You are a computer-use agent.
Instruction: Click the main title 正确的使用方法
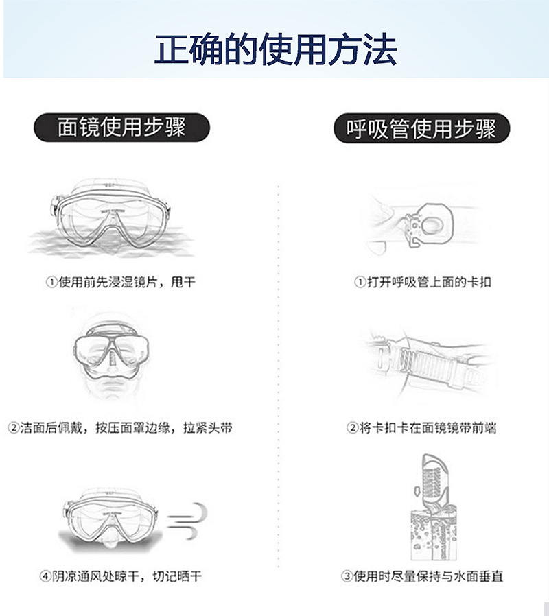pyautogui.click(x=274, y=49)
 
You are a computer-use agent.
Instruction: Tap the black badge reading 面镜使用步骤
pyautogui.click(x=121, y=128)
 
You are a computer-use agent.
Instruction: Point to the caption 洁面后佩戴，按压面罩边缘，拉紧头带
pyautogui.click(x=121, y=428)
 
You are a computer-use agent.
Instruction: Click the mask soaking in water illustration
pyautogui.click(x=110, y=216)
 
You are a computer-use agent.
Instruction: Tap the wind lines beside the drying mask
pyautogui.click(x=187, y=521)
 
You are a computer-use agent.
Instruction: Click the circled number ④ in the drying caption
pyautogui.click(x=46, y=576)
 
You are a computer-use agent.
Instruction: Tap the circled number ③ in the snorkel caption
pyautogui.click(x=347, y=576)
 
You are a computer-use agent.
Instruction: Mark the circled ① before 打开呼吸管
pyautogui.click(x=360, y=282)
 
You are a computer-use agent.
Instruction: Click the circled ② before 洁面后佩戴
pyautogui.click(x=12, y=428)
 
